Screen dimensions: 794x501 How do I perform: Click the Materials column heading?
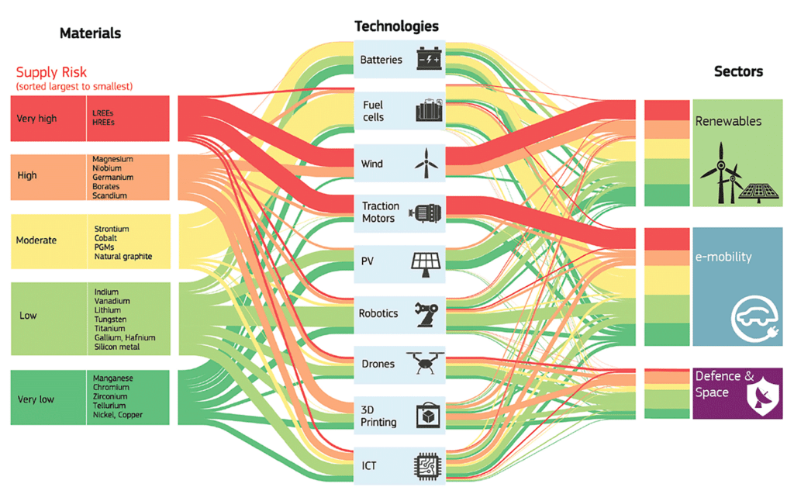(90, 33)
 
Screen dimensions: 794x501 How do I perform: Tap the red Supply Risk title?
(51, 72)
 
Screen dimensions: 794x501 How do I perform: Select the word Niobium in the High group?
(107, 168)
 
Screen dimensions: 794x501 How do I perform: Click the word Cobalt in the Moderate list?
(105, 238)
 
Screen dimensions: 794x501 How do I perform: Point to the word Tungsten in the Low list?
(110, 320)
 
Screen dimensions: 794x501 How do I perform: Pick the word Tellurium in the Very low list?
(109, 406)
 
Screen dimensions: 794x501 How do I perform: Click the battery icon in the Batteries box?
(429, 58)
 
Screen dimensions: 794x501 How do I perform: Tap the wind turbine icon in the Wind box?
(426, 163)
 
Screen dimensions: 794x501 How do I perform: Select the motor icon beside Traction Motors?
(427, 213)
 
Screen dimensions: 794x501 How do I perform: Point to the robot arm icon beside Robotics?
(426, 315)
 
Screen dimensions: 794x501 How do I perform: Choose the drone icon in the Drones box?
(426, 363)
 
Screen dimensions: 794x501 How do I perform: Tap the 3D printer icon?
(428, 416)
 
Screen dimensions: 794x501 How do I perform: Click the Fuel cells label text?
(373, 111)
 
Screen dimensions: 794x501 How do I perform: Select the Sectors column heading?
(738, 71)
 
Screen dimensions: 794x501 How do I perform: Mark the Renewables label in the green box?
(728, 121)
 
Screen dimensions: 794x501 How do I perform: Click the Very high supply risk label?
(36, 119)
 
